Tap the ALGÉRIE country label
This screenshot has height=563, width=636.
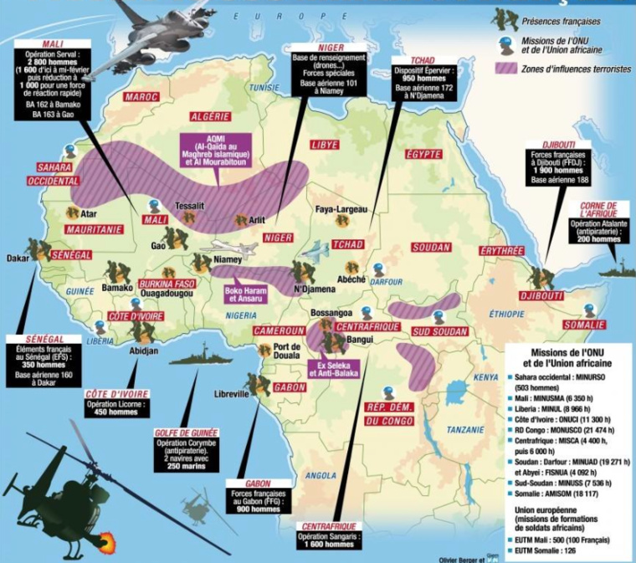[214, 116]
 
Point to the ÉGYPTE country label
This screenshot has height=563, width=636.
[423, 155]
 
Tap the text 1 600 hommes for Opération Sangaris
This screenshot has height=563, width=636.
[332, 545]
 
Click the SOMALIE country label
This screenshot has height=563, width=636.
[583, 325]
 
